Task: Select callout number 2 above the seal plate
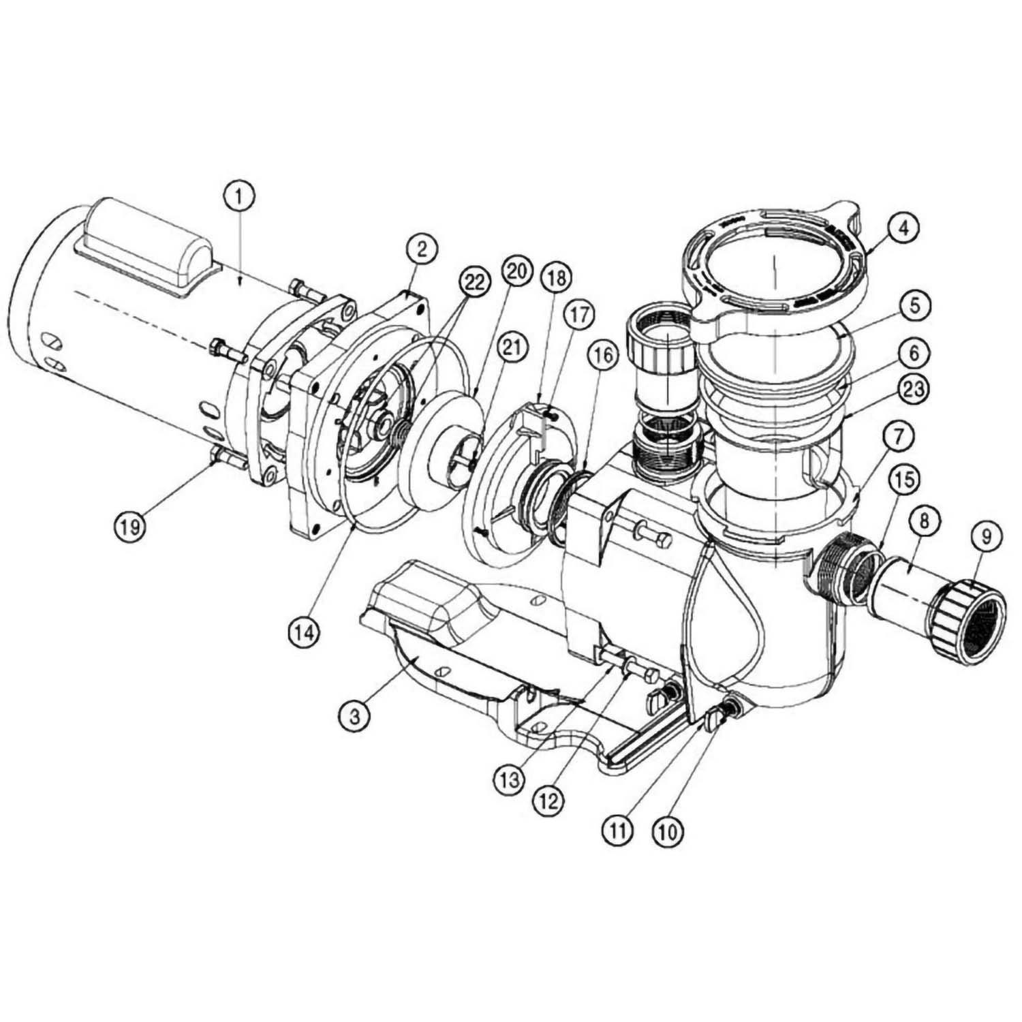click(x=422, y=249)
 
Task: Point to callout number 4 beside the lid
click(x=903, y=230)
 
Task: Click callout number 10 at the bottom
click(x=667, y=832)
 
